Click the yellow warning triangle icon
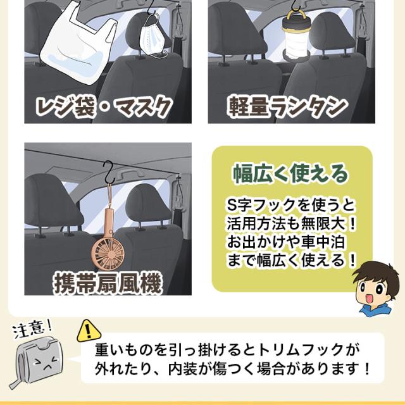click(89, 330)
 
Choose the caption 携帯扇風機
click(108, 283)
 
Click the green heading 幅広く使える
click(291, 174)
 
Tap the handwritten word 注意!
click(32, 328)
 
